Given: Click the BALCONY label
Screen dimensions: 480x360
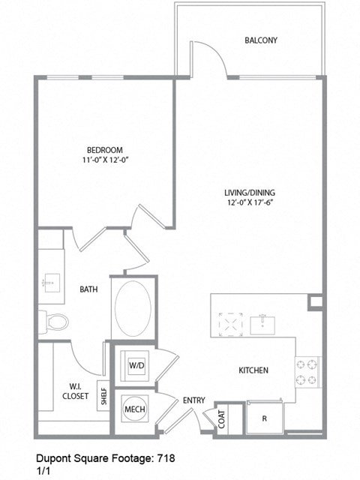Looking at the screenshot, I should pos(261,40).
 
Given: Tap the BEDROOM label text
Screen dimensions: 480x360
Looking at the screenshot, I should pos(104,150).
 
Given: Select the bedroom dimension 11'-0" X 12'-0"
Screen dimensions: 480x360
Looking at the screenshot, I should pos(104,160).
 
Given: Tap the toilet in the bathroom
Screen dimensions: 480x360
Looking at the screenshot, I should pos(54,322).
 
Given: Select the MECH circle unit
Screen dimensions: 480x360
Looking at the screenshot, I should pos(135,409).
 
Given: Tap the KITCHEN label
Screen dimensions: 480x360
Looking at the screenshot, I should pos(253,370).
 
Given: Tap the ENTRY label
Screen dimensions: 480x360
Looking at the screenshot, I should pos(194,400).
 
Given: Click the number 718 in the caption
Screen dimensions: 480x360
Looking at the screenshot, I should pos(166,456).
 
